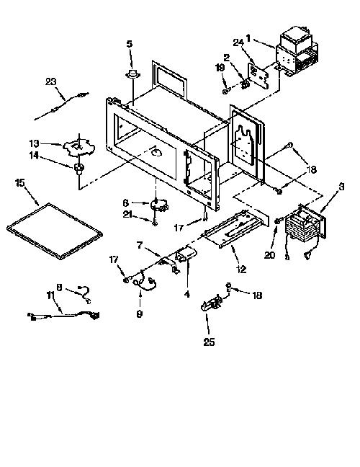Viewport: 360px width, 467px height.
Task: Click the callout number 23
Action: [51, 81]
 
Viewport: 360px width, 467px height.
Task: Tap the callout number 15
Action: [19, 182]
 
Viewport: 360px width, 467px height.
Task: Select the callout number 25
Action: [209, 342]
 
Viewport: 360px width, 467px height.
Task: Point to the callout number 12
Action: [241, 270]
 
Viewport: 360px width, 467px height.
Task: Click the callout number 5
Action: [130, 44]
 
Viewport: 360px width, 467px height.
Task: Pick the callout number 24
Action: [238, 43]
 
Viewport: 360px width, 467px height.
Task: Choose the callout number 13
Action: [35, 143]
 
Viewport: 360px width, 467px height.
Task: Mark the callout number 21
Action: [127, 214]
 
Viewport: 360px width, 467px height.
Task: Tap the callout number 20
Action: [269, 255]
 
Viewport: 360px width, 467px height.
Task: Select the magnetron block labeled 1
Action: [297, 53]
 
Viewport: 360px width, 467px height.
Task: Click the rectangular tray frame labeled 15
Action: [55, 231]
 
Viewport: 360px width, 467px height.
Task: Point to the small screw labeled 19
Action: [226, 91]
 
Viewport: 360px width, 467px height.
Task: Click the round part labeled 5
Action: [132, 74]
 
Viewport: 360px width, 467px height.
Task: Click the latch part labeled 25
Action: [212, 304]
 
